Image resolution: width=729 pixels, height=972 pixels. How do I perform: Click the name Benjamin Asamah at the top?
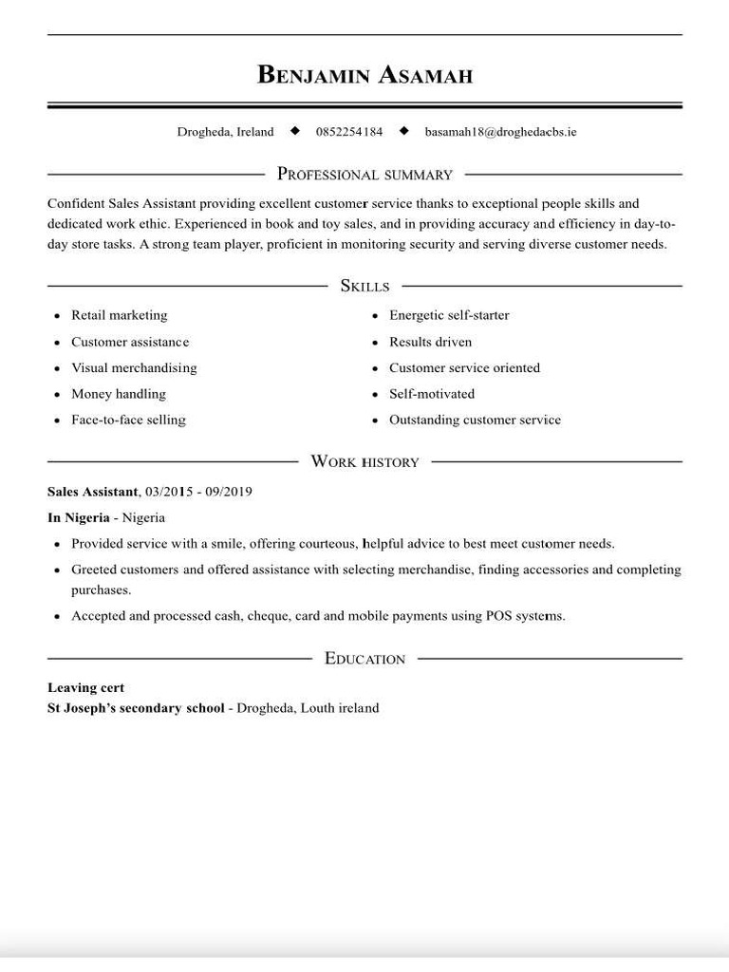coord(364,75)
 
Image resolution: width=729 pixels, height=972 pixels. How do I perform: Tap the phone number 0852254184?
coord(349,132)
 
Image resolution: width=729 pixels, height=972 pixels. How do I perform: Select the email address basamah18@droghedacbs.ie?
coord(500,132)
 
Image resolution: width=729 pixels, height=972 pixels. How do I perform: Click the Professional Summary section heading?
coord(364,175)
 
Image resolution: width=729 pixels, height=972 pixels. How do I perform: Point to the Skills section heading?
coord(364,286)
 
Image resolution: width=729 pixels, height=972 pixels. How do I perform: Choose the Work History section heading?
coord(364,462)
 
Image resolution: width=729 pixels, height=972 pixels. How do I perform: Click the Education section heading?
coord(364,659)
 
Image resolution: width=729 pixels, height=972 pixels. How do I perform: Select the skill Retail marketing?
coord(119,315)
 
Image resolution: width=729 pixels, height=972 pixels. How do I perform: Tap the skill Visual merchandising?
coord(134,367)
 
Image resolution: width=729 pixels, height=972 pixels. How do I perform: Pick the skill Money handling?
coord(118,394)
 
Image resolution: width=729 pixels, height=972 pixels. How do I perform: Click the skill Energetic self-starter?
coord(449,315)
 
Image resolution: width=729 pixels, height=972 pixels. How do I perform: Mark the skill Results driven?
coord(430,342)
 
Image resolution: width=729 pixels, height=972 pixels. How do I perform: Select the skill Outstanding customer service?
coord(475,420)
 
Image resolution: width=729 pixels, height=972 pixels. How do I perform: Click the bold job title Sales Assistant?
coord(92,492)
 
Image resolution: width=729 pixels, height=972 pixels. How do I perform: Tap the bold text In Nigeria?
coord(78,517)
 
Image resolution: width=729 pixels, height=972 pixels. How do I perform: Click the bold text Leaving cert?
coord(85,687)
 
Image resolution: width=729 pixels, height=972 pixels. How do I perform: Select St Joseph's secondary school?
coord(136,708)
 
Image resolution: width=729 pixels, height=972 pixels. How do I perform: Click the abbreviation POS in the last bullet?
coord(499,616)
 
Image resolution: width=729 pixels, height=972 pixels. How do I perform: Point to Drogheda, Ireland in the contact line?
coord(225,132)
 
